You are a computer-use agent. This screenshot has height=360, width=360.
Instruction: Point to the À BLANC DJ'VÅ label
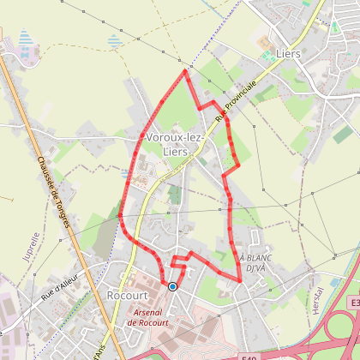tap(254, 262)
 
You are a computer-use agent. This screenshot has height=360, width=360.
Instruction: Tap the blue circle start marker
tap(172, 287)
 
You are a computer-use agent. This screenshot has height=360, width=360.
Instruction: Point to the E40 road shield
tap(249, 355)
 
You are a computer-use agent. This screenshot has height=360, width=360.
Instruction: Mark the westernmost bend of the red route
tap(120, 215)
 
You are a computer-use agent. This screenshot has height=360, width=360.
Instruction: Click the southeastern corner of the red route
tap(239, 279)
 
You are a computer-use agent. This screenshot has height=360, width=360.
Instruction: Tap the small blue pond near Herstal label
tap(330, 255)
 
